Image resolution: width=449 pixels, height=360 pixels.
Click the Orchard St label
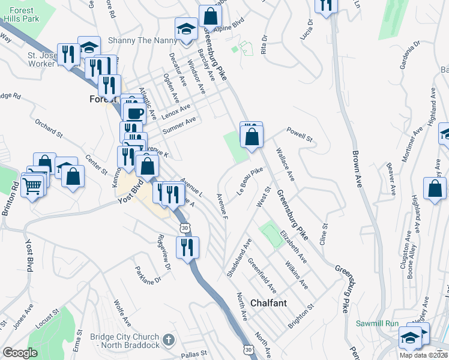coord(49,128)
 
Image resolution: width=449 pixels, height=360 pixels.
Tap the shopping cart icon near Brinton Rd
coord(33,186)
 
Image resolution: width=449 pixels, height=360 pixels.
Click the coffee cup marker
coord(134,112)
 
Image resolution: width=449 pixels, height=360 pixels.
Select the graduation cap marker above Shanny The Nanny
coord(187,29)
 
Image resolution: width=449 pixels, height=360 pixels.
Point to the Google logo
coord(20,352)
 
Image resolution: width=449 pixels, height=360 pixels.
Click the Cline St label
coord(325,233)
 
